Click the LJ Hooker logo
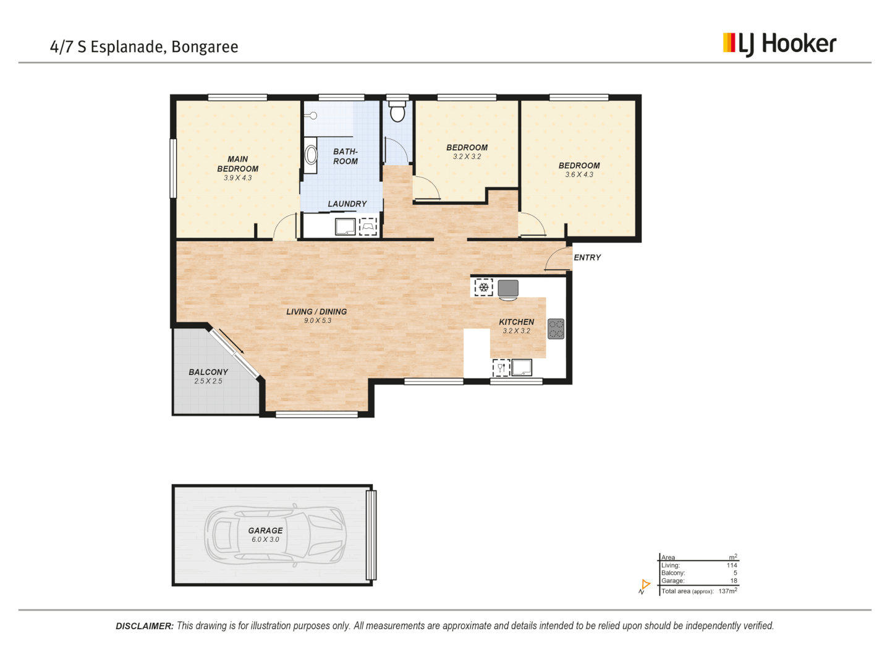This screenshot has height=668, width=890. pyautogui.click(x=779, y=44)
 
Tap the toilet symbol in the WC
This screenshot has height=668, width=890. pyautogui.click(x=397, y=113)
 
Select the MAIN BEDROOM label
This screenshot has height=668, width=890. pyautogui.click(x=238, y=164)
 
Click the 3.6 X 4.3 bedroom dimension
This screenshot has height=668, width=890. pyautogui.click(x=579, y=175)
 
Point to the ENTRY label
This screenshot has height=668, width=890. pyautogui.click(x=587, y=257)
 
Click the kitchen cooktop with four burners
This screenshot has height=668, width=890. pyautogui.click(x=556, y=328)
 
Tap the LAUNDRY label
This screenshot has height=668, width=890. pyautogui.click(x=347, y=204)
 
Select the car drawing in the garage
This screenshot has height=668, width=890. pyautogui.click(x=275, y=535)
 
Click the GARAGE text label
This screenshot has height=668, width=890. pyautogui.click(x=265, y=531)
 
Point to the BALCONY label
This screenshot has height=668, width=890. pyautogui.click(x=208, y=372)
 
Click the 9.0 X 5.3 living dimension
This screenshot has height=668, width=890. pyautogui.click(x=317, y=320)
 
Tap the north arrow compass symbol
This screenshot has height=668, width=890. pyautogui.click(x=645, y=586)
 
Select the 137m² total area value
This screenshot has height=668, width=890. pyautogui.click(x=727, y=591)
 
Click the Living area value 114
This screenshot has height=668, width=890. pyautogui.click(x=732, y=565)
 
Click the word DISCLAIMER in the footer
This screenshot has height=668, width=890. pyautogui.click(x=145, y=626)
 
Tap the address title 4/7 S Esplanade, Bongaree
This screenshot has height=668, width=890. pyautogui.click(x=144, y=47)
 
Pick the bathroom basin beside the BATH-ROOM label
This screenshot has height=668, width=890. pyautogui.click(x=311, y=155)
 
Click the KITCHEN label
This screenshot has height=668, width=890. pyautogui.click(x=516, y=322)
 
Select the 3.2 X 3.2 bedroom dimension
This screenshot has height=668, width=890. pyautogui.click(x=467, y=157)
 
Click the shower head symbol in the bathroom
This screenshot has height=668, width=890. pyautogui.click(x=313, y=116)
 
